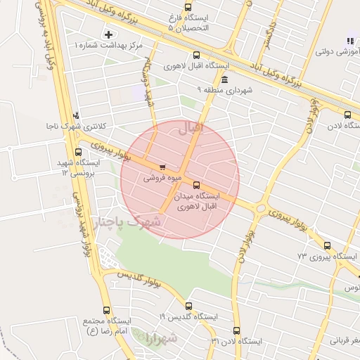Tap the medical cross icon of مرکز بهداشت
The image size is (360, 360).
click(x=108, y=34)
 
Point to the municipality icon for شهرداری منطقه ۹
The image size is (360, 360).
click(x=224, y=79)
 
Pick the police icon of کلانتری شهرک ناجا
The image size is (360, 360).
click(x=76, y=115)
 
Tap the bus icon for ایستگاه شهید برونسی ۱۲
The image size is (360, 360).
click(x=76, y=151)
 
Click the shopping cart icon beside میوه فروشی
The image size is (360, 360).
click(x=163, y=167)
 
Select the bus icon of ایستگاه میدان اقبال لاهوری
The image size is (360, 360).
click(x=195, y=185)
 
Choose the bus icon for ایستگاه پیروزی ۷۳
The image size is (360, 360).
click(x=328, y=245)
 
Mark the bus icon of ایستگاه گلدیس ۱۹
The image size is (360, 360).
click(x=188, y=306)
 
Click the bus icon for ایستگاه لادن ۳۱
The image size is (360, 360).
click(x=236, y=330)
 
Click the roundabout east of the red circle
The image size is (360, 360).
click(x=262, y=208)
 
